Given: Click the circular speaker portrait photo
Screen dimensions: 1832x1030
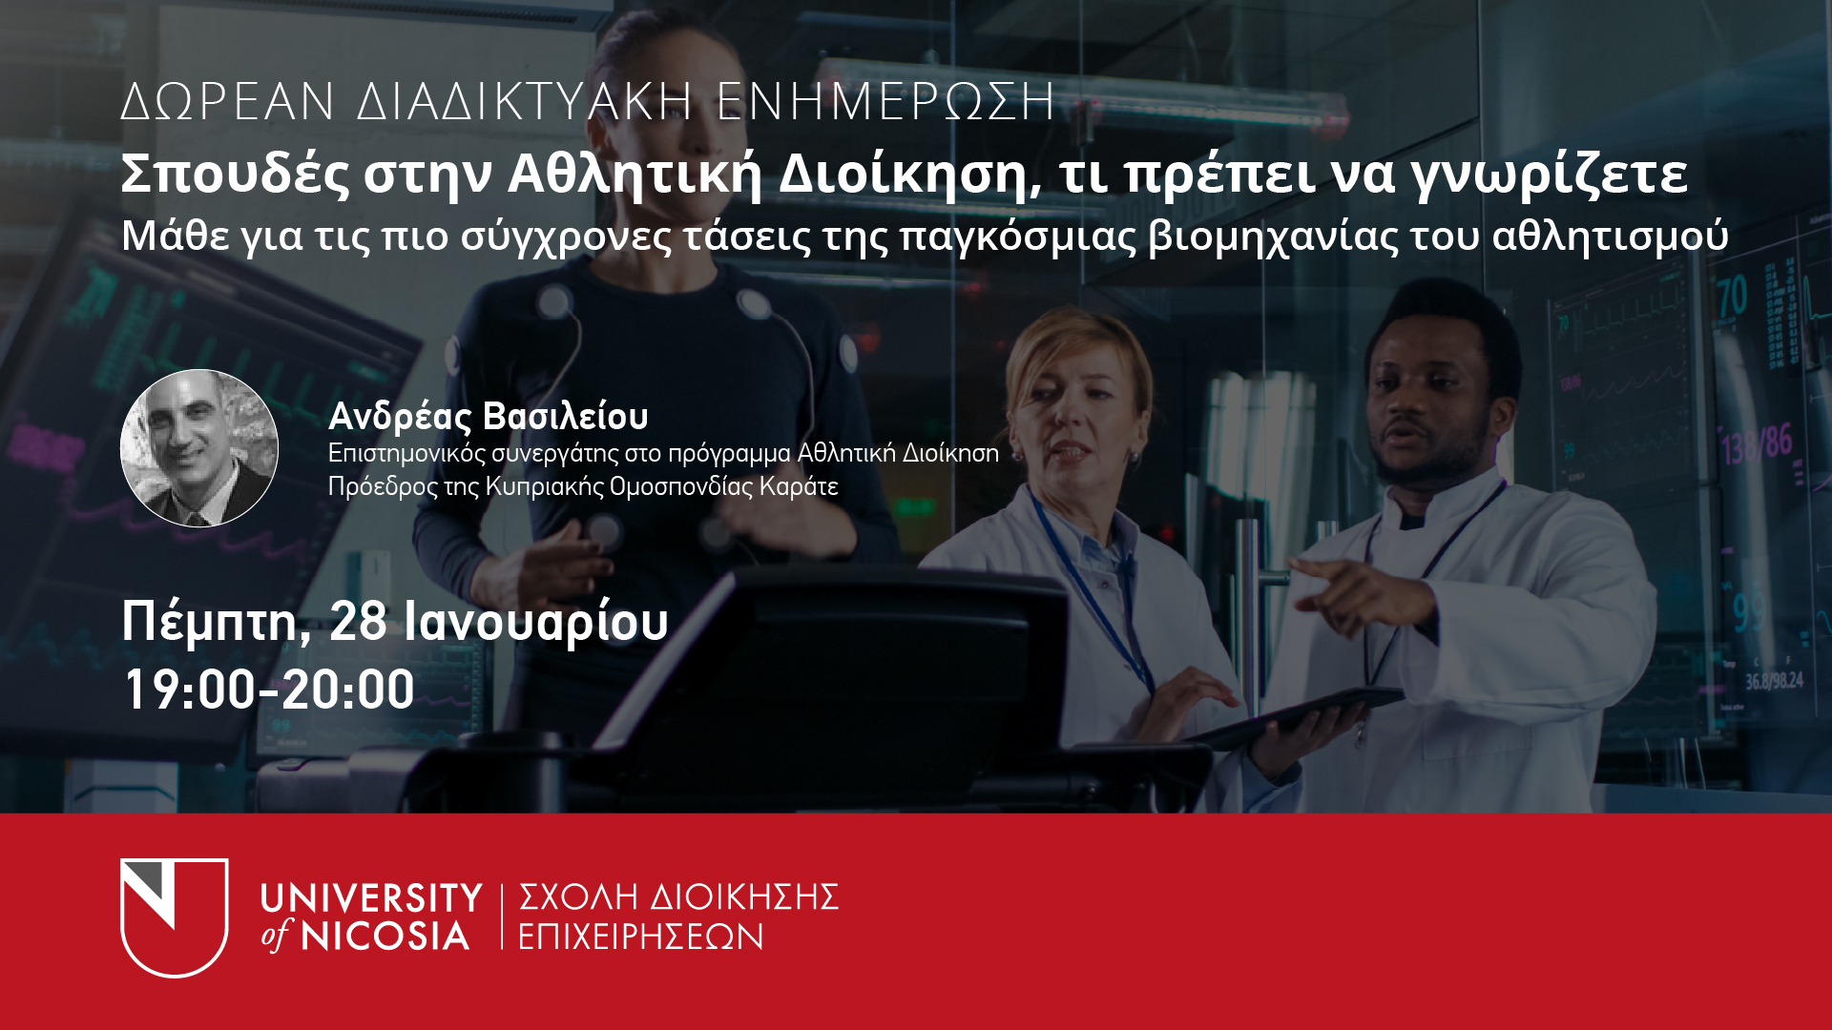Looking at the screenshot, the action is [x=199, y=448].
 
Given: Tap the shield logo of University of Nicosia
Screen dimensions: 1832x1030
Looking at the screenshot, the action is [x=175, y=917].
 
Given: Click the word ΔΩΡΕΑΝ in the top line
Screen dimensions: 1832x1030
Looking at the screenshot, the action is [x=228, y=102].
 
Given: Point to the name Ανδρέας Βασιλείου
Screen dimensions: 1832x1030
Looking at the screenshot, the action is [x=489, y=417].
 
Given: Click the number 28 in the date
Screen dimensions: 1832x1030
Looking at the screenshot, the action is [x=359, y=621].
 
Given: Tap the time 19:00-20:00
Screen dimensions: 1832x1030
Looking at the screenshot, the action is [x=270, y=690].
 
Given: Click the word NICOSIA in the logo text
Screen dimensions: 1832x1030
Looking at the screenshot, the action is [x=385, y=936].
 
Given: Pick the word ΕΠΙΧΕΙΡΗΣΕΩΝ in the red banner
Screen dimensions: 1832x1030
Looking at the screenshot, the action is [x=641, y=937].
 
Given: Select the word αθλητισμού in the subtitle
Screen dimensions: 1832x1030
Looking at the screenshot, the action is [x=1611, y=237].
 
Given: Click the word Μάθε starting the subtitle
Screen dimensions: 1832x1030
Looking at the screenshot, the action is [x=176, y=236].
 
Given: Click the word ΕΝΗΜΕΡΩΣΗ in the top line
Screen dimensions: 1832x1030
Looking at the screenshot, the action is [x=885, y=102].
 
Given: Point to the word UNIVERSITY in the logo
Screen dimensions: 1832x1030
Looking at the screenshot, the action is [x=372, y=898].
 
